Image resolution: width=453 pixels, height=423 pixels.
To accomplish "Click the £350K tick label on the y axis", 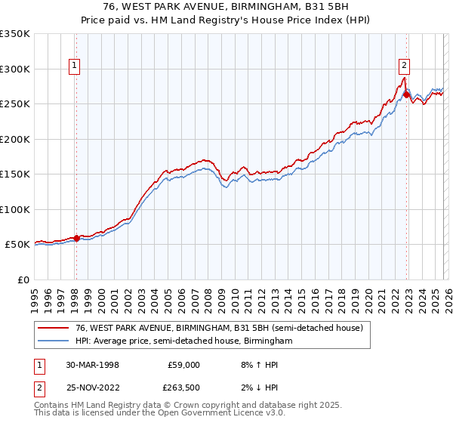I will (x=15, y=34).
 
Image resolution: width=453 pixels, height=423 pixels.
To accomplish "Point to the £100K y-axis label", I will (x=15, y=209).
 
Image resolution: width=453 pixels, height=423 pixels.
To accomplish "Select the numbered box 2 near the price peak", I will (x=405, y=65).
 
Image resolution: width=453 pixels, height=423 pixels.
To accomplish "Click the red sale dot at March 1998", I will (x=76, y=238).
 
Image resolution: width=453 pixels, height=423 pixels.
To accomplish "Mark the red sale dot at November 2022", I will (x=406, y=94).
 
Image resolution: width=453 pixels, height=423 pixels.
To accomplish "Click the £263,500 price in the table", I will (x=183, y=387).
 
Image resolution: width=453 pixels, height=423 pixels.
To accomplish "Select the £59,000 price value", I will (x=183, y=365).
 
